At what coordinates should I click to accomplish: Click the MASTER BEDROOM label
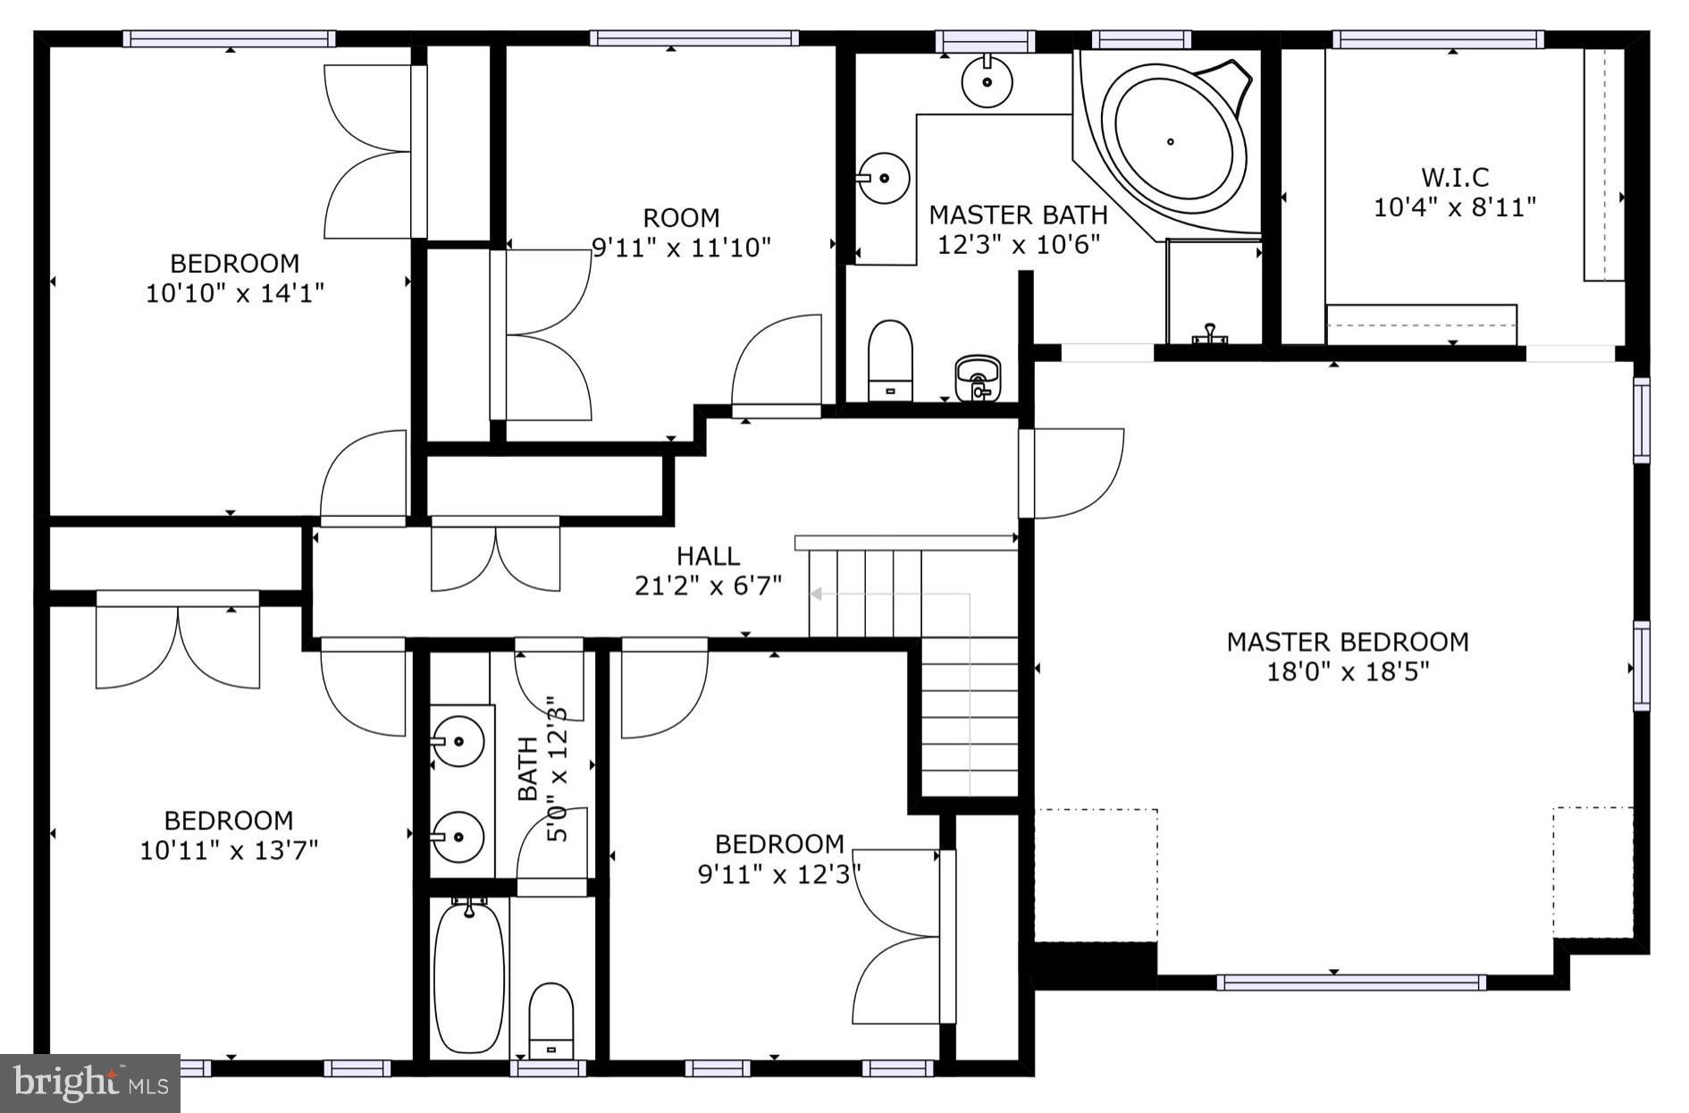click(x=1347, y=642)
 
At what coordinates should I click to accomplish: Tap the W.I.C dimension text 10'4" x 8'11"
click(x=1454, y=207)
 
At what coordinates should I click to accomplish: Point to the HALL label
click(x=708, y=556)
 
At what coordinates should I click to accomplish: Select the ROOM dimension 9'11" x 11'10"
click(x=681, y=248)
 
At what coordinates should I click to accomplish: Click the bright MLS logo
click(x=90, y=1083)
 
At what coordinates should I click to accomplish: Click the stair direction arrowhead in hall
click(x=816, y=593)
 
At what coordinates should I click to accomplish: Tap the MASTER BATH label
click(x=1018, y=215)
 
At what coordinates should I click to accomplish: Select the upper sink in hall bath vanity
click(x=458, y=741)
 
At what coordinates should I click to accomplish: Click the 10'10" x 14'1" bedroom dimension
click(x=234, y=292)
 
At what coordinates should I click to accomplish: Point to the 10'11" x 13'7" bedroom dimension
click(x=229, y=849)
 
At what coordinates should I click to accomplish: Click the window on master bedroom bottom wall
click(x=1351, y=982)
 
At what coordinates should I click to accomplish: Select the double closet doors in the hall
click(x=496, y=559)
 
